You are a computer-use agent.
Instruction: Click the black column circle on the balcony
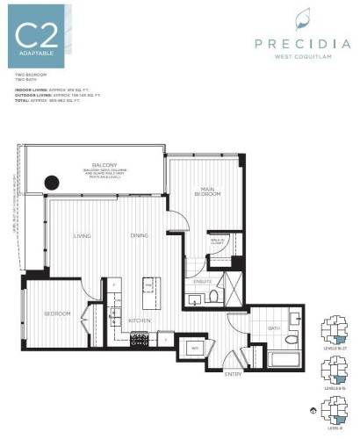(52, 183)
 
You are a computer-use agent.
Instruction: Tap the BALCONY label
(105, 165)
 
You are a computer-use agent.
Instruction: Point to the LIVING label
(83, 235)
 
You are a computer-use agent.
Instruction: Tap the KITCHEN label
(141, 320)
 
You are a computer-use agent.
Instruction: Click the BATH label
(273, 328)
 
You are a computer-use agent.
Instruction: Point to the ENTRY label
(234, 374)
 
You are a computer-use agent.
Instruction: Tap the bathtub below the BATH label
(284, 359)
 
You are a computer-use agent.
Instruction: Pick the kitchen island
(148, 289)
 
